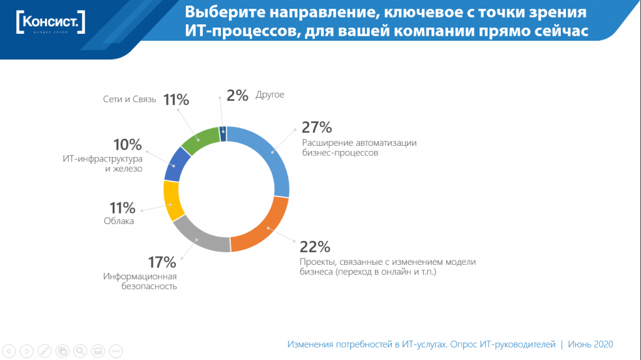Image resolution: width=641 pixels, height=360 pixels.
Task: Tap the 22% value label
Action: [315, 247]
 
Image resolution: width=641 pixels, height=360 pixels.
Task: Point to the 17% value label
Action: [162, 262]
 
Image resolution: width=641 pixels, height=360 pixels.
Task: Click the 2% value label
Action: [238, 95]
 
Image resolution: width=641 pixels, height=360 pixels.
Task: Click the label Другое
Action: [270, 95]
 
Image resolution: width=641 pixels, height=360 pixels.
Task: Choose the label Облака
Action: [119, 221]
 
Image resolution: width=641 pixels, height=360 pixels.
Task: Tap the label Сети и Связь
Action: [130, 100]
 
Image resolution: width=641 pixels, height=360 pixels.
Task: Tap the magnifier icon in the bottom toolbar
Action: [79, 351]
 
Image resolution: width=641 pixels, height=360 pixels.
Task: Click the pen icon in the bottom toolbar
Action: [44, 351]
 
